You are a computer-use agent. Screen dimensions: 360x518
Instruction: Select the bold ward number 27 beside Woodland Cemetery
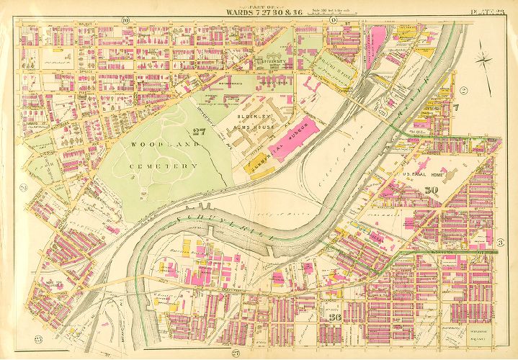[x=200, y=130]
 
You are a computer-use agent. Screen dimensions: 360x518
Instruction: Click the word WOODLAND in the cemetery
[x=152, y=145]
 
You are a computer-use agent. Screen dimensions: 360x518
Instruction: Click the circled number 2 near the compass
[x=464, y=90]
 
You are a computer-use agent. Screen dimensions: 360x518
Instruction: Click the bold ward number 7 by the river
[x=455, y=108]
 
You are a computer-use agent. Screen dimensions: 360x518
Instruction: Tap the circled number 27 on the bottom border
[x=236, y=352]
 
